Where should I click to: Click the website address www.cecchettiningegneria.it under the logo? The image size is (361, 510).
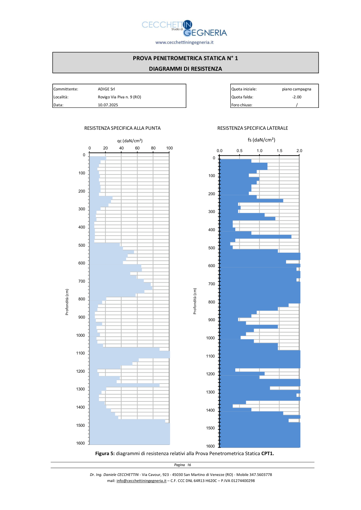(x=184, y=42)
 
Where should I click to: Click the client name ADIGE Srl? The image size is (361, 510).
(x=106, y=89)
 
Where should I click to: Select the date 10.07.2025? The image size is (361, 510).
(x=108, y=105)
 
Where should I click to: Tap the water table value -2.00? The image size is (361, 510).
(x=297, y=97)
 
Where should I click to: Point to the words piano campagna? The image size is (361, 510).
(x=297, y=89)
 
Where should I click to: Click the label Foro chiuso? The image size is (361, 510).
(x=242, y=105)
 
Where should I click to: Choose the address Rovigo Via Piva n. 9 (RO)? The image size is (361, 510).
(x=119, y=97)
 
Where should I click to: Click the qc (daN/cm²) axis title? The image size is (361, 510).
(x=130, y=141)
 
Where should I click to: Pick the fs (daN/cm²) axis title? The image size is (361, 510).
(x=261, y=140)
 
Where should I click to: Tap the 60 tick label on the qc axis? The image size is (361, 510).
(x=137, y=148)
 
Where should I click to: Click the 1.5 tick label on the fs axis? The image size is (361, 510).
(x=280, y=151)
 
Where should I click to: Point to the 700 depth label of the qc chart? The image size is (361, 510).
(x=81, y=281)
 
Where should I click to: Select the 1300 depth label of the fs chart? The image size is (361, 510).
(x=210, y=392)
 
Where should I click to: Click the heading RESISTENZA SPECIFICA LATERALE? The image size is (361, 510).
(x=253, y=128)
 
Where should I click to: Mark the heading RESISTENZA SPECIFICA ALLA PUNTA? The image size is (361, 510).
(x=122, y=128)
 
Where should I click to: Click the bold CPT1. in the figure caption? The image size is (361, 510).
(x=267, y=453)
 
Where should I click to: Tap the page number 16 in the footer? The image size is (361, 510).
(x=189, y=465)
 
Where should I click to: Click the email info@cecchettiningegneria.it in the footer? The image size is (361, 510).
(x=141, y=480)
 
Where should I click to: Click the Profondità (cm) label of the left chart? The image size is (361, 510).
(x=67, y=302)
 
